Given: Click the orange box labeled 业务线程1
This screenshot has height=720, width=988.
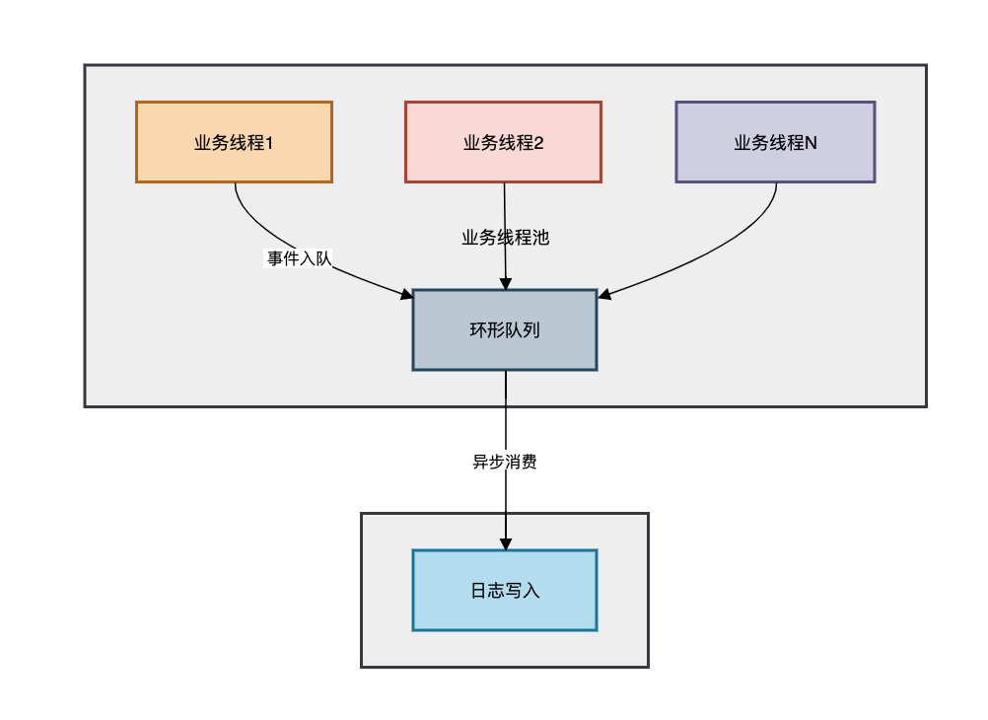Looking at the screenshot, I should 234,142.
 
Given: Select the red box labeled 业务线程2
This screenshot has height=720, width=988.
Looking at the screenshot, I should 503,142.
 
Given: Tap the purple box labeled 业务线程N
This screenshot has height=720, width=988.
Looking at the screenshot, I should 775,142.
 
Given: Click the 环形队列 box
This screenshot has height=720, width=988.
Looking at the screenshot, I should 505,329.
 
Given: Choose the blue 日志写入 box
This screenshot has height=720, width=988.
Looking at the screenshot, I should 505,590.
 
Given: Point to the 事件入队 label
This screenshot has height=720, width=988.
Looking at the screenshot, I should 299,258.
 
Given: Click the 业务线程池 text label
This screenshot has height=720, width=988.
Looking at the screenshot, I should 505,237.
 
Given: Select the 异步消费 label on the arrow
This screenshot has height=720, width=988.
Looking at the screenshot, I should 505,462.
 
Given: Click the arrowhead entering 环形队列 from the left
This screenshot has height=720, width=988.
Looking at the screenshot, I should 406,294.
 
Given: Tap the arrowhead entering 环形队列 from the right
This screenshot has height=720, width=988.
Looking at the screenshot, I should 604,294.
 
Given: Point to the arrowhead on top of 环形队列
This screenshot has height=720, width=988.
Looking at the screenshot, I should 506,283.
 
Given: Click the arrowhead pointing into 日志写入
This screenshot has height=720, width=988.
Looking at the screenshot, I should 506,544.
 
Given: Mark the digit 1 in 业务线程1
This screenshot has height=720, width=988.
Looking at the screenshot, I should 269,142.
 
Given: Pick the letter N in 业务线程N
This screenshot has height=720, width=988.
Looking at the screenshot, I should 811,142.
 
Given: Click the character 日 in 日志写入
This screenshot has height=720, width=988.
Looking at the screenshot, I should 478,591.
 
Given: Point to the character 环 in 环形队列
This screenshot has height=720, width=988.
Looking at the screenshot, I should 478,330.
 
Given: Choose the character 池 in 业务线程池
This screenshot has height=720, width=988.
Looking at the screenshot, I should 540,237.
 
